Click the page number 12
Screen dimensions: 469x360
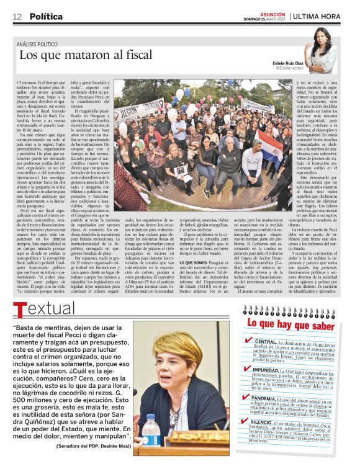tap(17, 16)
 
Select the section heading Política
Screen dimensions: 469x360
tap(46, 16)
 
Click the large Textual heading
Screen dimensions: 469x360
tap(43, 309)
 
